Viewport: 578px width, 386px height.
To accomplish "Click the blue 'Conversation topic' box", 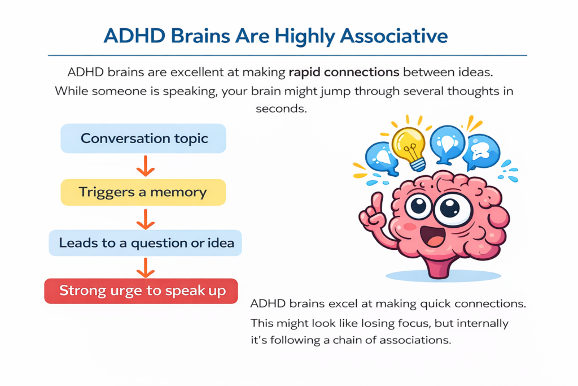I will click(143, 138).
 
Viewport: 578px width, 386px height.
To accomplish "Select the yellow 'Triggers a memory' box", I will click(143, 192).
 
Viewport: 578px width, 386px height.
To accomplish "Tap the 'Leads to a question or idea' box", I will click(146, 244).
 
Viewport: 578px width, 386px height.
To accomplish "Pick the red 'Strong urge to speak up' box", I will click(141, 291).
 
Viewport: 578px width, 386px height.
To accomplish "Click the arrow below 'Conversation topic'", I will click(145, 166).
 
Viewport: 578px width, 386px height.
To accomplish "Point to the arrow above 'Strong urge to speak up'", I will click(146, 267).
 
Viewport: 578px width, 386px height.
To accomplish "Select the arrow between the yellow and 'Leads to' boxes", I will click(146, 218).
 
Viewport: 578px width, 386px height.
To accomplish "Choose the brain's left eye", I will click(419, 206).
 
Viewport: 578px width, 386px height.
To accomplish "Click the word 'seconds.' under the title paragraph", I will click(281, 109).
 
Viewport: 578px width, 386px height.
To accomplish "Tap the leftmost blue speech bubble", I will click(380, 157).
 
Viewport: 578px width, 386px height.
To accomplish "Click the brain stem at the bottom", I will click(441, 266).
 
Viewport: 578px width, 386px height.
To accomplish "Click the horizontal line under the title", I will click(288, 55).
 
